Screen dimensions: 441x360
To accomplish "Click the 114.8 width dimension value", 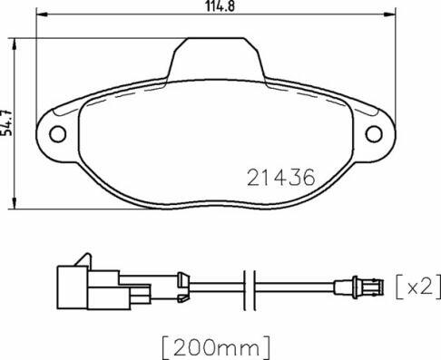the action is click(220, 6).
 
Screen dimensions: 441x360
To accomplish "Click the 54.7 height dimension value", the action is click(6, 122).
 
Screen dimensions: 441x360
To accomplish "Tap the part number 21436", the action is click(281, 177).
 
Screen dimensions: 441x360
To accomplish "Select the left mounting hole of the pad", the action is click(57, 134).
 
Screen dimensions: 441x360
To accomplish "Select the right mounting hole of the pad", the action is click(374, 134).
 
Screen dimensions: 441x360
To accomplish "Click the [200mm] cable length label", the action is click(216, 347).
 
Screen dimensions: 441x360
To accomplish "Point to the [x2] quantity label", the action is click(418, 287).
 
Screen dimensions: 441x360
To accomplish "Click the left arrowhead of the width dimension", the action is click(42, 14).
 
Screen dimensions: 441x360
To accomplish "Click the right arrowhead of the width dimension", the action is click(390, 14).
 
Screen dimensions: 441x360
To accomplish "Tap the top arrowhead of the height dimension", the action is click(14, 44).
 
